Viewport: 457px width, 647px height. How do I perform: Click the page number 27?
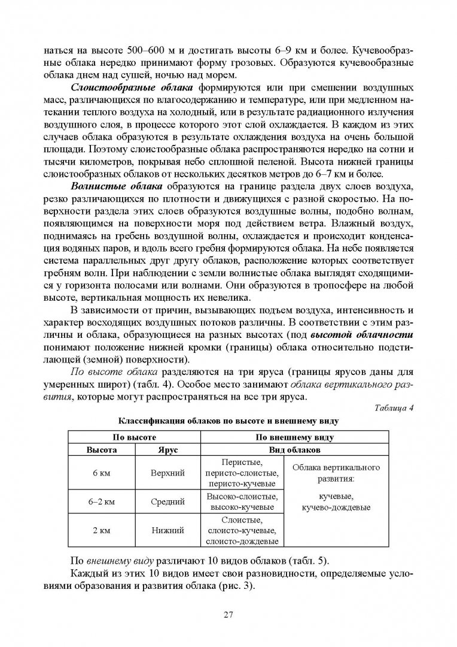click(228, 613)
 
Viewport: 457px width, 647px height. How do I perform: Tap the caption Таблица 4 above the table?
click(394, 409)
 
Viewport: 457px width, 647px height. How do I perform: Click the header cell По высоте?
click(135, 437)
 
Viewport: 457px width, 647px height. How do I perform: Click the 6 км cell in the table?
click(102, 473)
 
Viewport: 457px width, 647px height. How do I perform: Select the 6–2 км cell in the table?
click(102, 501)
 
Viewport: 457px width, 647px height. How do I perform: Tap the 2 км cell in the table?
click(102, 530)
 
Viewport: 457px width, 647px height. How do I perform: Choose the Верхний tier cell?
click(167, 473)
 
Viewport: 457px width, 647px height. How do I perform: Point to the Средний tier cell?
click(167, 501)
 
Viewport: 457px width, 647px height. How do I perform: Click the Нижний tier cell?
click(167, 530)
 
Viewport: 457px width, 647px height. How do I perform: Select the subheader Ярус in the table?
click(167, 449)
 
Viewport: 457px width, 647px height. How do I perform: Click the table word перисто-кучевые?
click(241, 483)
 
